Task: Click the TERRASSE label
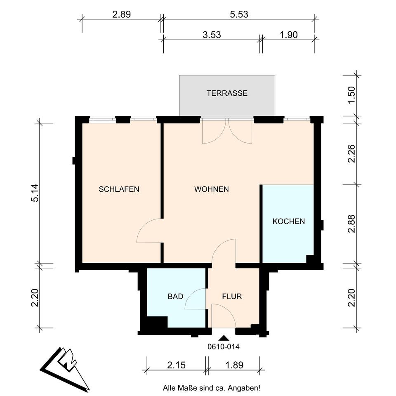pos(227,93)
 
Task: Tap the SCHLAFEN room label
pos(119,189)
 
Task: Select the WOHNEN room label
pos(212,189)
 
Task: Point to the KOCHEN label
pos(289,221)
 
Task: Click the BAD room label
pos(176,296)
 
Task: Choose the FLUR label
pos(232,296)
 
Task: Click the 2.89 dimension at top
pos(121,14)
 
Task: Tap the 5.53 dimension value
pos(239,14)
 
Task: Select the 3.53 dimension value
pos(212,35)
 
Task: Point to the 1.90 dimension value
pos(289,35)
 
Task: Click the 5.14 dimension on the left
pos(35,193)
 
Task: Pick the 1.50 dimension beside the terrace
pos(351,95)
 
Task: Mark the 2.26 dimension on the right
pos(351,153)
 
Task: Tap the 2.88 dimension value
pos(351,224)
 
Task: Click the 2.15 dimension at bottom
pos(176,365)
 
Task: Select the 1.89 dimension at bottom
pos(234,365)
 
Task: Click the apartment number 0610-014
pos(224,347)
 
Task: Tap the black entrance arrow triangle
pos(224,338)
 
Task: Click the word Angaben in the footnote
pos(244,388)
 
